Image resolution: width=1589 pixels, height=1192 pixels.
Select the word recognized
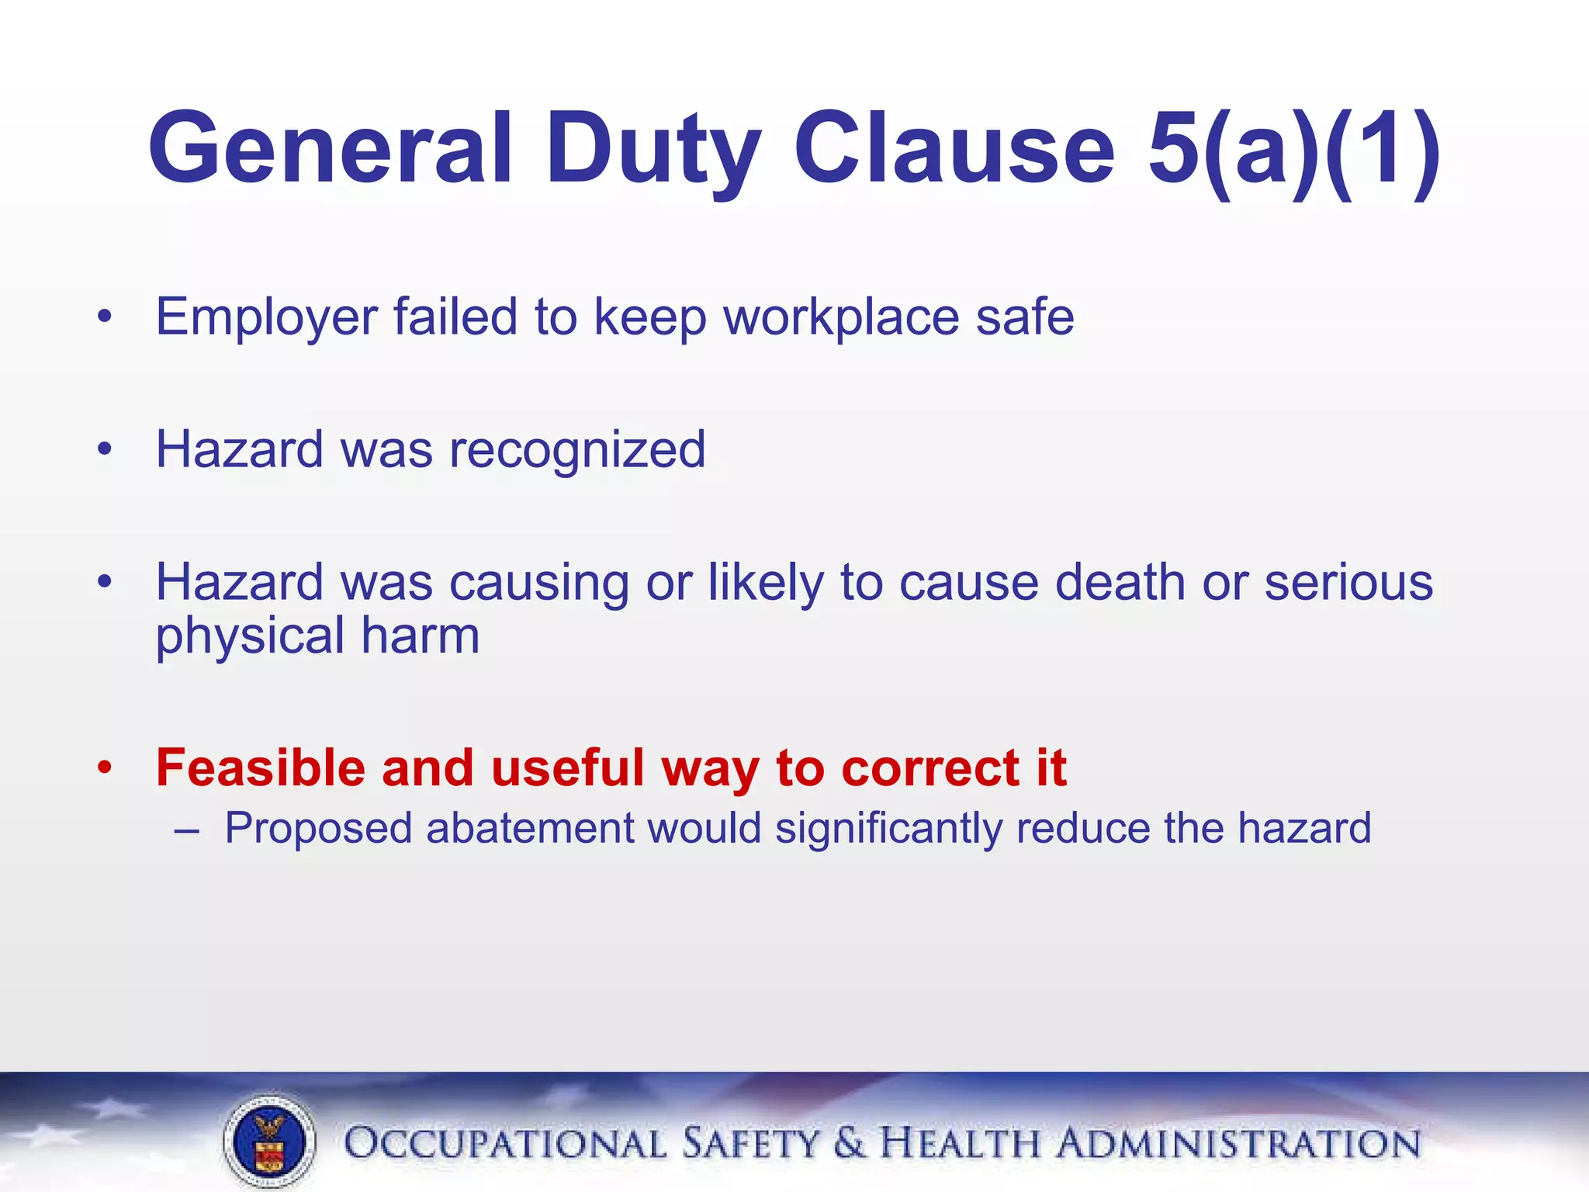click(577, 450)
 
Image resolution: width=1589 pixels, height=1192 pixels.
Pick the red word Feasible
click(260, 768)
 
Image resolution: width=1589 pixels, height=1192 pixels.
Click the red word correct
click(930, 768)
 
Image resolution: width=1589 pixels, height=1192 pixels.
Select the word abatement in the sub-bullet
click(531, 828)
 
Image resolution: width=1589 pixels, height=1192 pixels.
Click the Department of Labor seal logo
click(269, 1142)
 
